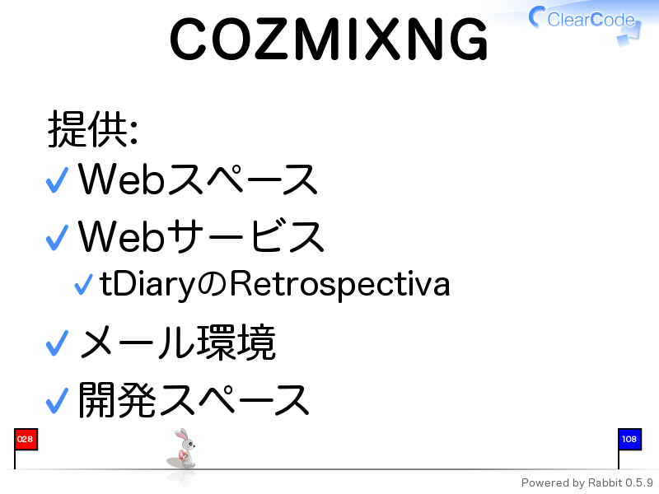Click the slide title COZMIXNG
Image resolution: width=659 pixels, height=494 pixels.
tap(329, 39)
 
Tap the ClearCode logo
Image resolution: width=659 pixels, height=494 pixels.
tap(585, 23)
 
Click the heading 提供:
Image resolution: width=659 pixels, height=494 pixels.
tap(93, 129)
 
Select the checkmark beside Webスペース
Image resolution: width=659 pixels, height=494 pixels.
tap(57, 179)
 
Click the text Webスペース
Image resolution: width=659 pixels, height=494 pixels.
tap(198, 179)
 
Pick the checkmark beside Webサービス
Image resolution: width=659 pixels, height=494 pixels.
tap(57, 237)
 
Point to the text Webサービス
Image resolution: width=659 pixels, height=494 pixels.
tap(201, 236)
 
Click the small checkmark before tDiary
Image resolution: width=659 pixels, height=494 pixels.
tap(83, 284)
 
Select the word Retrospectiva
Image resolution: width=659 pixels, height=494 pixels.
tap(340, 285)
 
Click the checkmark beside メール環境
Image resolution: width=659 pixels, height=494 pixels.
tap(57, 343)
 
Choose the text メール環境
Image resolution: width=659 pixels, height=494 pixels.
tap(177, 343)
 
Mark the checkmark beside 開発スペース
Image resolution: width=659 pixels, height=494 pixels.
tap(57, 400)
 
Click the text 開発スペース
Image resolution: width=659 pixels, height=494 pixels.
tap(194, 400)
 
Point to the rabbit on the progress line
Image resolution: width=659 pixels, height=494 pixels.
tap(182, 449)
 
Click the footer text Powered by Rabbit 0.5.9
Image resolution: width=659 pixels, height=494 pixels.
tap(587, 483)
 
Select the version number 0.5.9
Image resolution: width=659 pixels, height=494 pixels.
tap(639, 482)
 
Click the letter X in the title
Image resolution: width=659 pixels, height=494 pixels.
tap(382, 39)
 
